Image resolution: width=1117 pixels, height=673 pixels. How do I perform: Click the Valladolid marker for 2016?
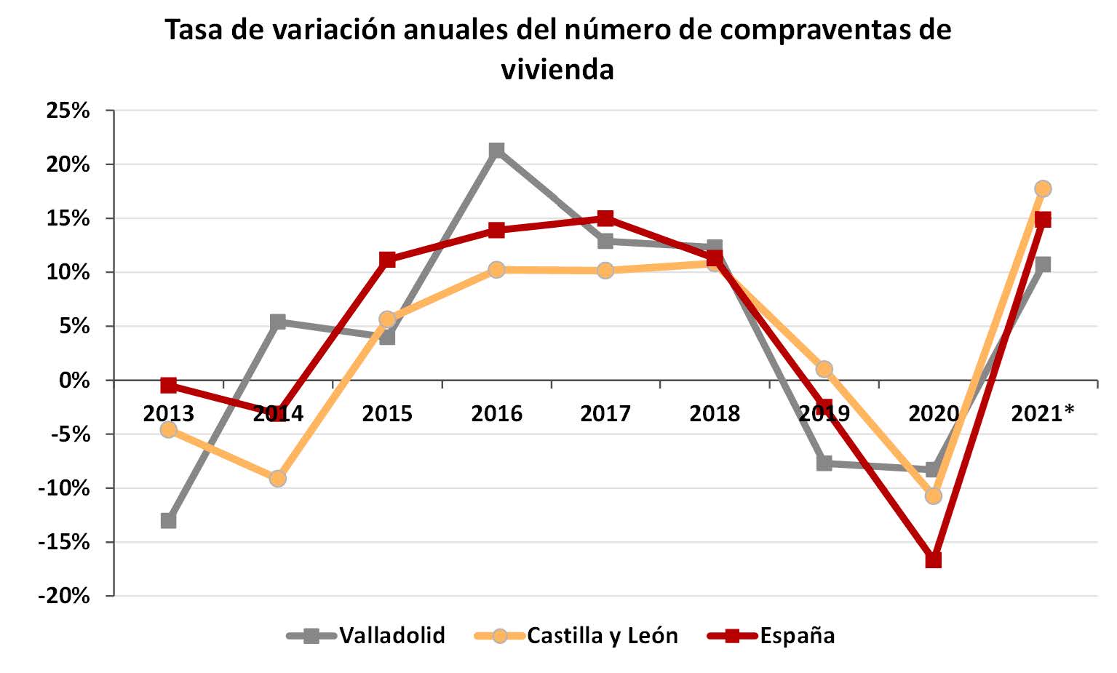pyautogui.click(x=496, y=151)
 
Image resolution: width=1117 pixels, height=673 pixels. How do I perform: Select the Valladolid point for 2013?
pyautogui.click(x=168, y=520)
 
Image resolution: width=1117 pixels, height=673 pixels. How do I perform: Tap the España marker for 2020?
pyautogui.click(x=933, y=559)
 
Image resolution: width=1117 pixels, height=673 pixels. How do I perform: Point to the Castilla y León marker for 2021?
pyautogui.click(x=1043, y=188)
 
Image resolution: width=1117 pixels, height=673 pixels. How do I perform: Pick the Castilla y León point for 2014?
pyautogui.click(x=277, y=479)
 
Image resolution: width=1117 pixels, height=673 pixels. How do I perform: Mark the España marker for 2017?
pyautogui.click(x=605, y=218)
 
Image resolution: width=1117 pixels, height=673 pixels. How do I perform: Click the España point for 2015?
pyautogui.click(x=387, y=260)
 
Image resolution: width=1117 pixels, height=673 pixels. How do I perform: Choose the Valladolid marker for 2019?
pyautogui.click(x=824, y=463)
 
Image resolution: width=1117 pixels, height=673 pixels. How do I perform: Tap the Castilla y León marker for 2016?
pyautogui.click(x=496, y=270)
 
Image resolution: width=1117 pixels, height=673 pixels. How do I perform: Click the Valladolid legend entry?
pyautogui.click(x=391, y=635)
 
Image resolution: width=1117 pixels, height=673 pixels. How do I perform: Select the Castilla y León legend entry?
pyautogui.click(x=602, y=635)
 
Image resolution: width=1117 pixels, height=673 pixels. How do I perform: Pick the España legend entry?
pyautogui.click(x=797, y=635)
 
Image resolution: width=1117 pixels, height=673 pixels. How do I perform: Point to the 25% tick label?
pyautogui.click(x=68, y=111)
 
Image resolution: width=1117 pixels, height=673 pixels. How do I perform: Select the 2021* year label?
pyautogui.click(x=1043, y=413)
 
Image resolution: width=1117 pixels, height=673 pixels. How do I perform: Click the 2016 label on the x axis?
pyautogui.click(x=496, y=413)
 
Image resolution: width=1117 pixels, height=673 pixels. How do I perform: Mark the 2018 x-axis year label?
pyautogui.click(x=715, y=413)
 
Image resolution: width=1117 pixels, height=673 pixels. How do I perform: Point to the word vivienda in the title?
pyautogui.click(x=557, y=69)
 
